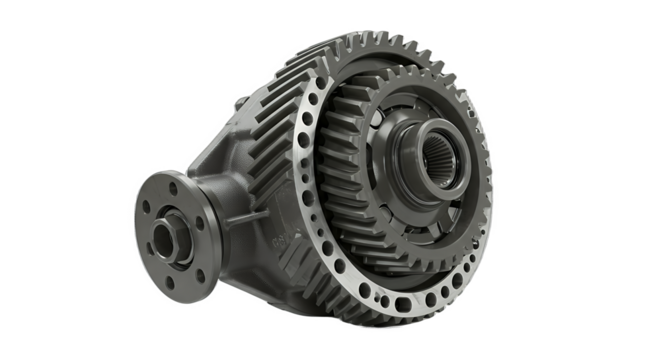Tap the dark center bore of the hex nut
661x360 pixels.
coord(164,238)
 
